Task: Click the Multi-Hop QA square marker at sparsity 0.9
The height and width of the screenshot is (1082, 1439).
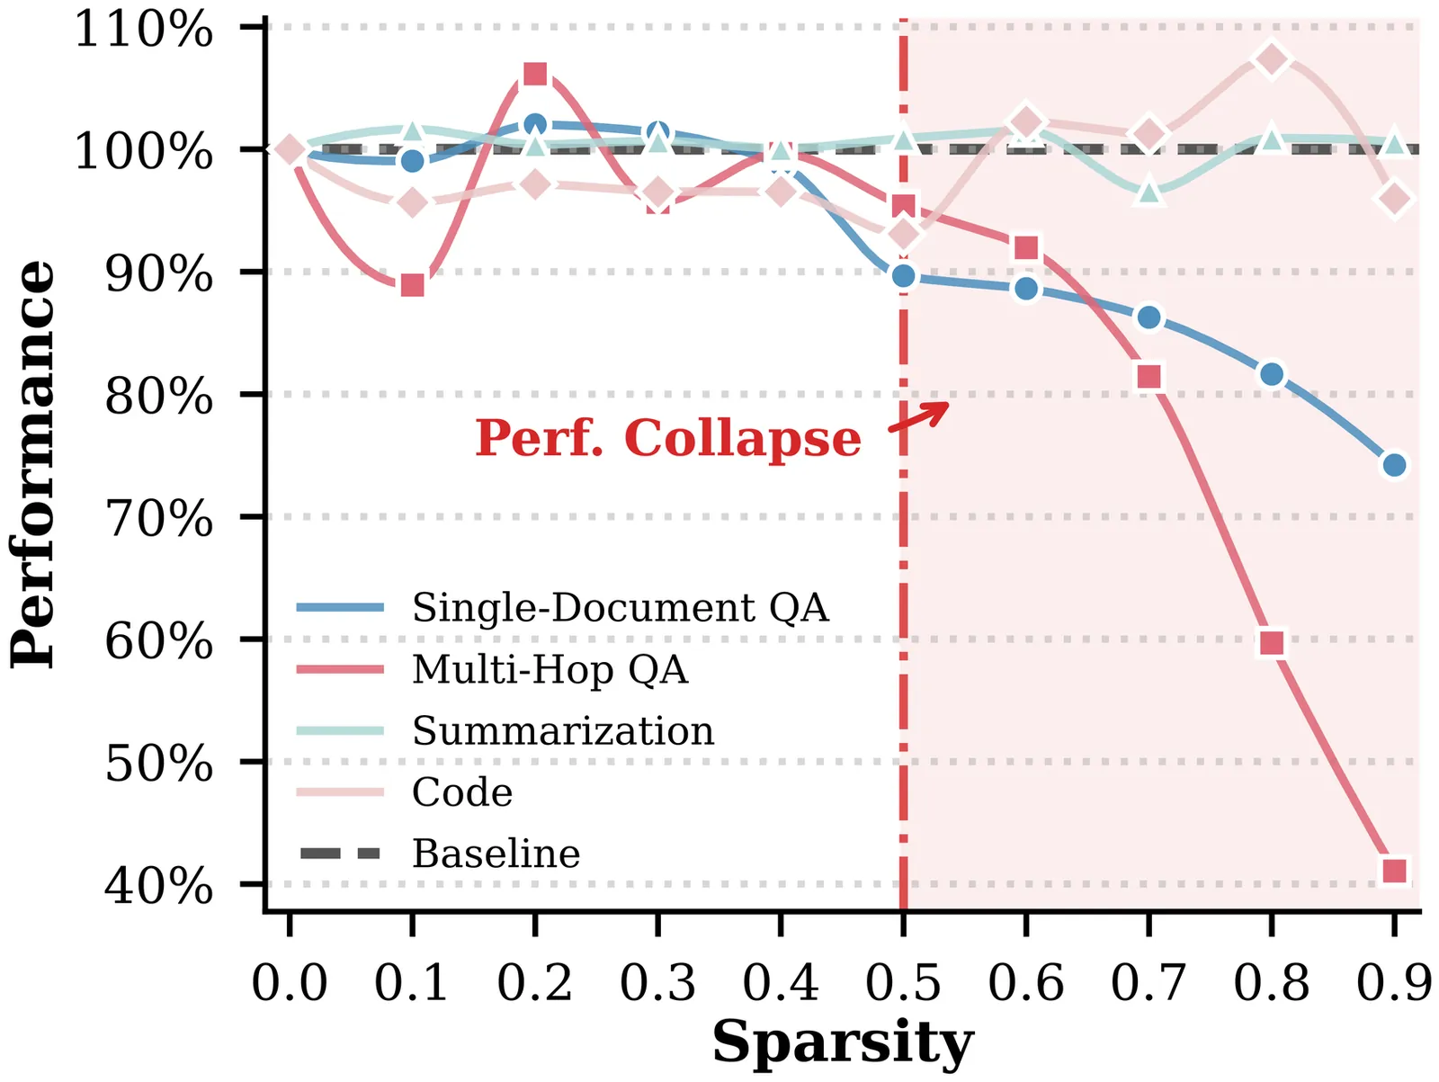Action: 1394,871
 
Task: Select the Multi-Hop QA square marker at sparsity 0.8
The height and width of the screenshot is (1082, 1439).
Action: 1272,642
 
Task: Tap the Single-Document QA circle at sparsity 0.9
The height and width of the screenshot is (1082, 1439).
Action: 1394,465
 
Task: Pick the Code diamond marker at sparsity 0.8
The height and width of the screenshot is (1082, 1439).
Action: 1272,59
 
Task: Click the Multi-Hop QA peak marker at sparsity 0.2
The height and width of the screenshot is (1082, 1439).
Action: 535,74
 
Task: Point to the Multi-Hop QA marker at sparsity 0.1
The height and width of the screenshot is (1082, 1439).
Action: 412,285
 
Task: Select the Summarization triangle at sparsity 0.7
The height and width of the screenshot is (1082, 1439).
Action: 1149,192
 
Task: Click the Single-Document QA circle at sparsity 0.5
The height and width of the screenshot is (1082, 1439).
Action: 903,276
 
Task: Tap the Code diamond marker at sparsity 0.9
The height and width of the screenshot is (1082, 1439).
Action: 1394,199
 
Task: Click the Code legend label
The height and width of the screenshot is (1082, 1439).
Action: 462,792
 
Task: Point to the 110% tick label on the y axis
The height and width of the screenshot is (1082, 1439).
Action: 144,29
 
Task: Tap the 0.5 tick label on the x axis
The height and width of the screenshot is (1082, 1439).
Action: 903,982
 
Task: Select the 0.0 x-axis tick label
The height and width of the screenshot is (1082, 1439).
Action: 290,982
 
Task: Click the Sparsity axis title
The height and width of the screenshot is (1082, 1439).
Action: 843,1043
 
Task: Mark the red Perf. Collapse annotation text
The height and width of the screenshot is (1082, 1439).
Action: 667,438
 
